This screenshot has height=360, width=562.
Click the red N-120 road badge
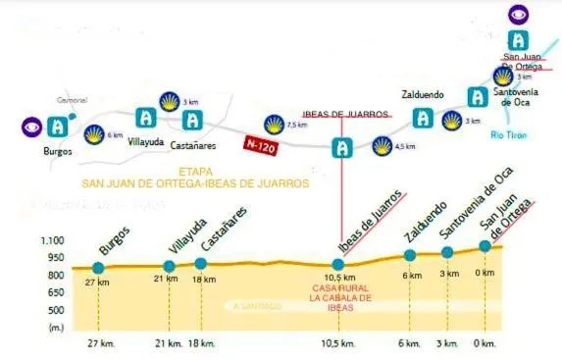260,143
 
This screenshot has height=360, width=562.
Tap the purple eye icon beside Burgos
32,127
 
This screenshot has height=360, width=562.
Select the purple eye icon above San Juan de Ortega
518,14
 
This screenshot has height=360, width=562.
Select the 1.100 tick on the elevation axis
50,240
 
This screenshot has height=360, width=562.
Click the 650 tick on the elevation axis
54,293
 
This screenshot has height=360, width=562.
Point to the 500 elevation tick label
54,311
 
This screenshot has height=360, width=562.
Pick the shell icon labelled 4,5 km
381,147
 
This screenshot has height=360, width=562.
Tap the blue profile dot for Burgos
98,268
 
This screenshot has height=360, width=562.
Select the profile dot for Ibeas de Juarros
338,265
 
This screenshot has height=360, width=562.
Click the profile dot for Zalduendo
410,256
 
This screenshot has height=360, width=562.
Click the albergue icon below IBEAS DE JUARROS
342,148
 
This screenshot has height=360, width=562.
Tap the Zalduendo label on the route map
423,95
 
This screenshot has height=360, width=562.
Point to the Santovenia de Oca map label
517,95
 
